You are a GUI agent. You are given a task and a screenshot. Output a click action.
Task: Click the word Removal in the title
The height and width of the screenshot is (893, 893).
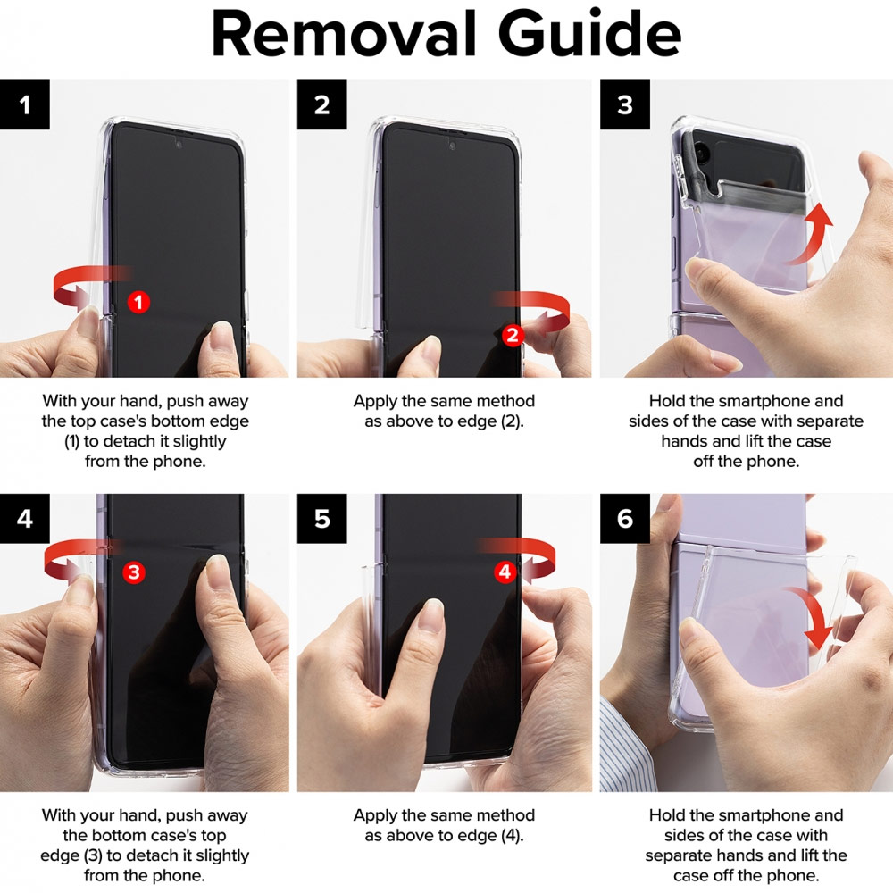pyautogui.click(x=344, y=34)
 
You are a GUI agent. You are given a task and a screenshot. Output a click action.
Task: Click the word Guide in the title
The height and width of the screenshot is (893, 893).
pyautogui.click(x=589, y=34)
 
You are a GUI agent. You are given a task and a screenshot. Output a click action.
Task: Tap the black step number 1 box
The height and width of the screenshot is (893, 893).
pyautogui.click(x=24, y=104)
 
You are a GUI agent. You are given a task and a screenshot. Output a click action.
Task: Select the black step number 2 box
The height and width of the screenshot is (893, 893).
pyautogui.click(x=321, y=104)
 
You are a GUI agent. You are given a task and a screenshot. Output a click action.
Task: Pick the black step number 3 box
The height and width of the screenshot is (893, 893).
pyautogui.click(x=625, y=104)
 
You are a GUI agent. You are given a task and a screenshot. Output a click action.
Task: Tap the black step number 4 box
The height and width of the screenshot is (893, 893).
pyautogui.click(x=24, y=518)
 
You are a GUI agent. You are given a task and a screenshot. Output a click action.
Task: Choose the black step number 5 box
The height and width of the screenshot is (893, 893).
pyautogui.click(x=321, y=518)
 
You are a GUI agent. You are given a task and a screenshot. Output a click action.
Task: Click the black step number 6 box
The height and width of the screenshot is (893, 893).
pyautogui.click(x=625, y=518)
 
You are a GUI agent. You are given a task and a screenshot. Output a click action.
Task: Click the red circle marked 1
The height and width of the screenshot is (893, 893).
pyautogui.click(x=138, y=302)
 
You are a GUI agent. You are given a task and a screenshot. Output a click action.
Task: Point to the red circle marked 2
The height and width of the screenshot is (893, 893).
pyautogui.click(x=512, y=335)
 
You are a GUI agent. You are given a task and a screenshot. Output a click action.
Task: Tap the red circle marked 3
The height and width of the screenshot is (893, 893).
pyautogui.click(x=134, y=572)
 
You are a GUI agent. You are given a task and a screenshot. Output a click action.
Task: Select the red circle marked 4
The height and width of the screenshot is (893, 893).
pyautogui.click(x=505, y=572)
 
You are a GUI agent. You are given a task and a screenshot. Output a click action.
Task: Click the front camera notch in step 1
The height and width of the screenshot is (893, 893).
pyautogui.click(x=179, y=145)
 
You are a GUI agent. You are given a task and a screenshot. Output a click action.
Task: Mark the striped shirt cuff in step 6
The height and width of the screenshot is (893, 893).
pyautogui.click(x=627, y=746)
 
